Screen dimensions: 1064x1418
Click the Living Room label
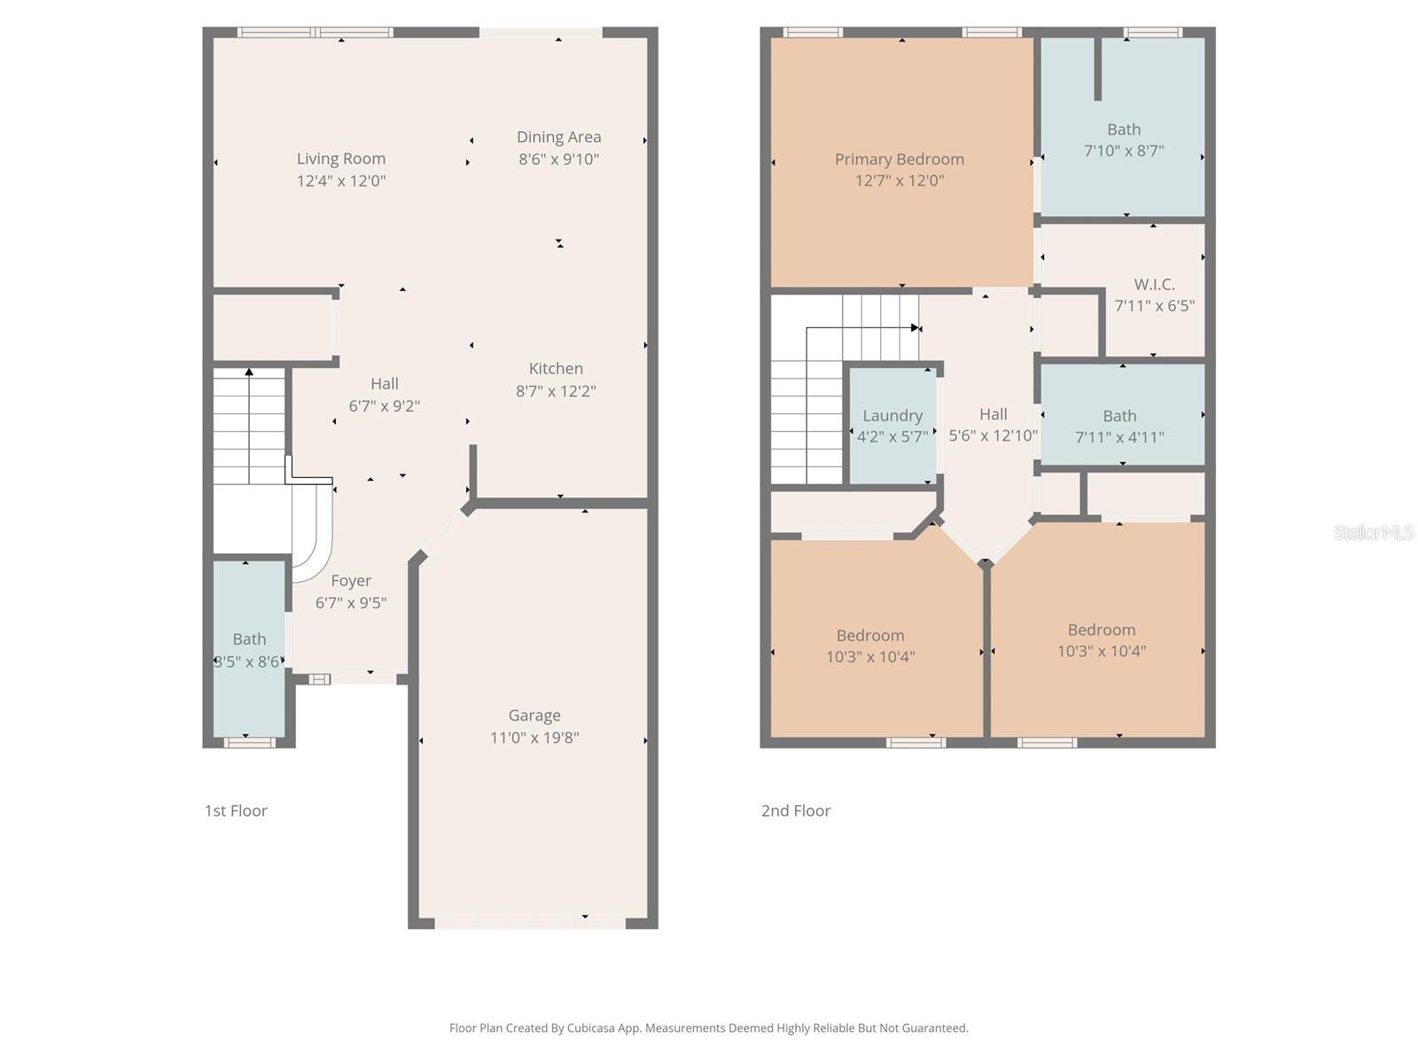(x=341, y=159)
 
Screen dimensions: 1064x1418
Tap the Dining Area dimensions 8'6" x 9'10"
(x=558, y=160)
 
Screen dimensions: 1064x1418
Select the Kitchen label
(x=556, y=369)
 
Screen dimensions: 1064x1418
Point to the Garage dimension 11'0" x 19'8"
(x=534, y=738)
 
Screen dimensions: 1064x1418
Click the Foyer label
(x=351, y=581)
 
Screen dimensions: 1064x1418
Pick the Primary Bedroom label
(x=899, y=160)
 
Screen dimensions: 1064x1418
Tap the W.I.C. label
(x=1154, y=285)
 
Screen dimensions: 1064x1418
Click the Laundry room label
(x=892, y=416)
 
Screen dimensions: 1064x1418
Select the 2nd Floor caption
(x=795, y=810)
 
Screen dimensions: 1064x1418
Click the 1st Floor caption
(x=236, y=810)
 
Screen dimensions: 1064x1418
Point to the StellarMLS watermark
(x=1373, y=532)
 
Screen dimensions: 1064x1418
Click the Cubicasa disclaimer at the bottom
(x=708, y=1029)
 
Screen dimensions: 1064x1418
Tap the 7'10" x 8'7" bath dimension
(x=1124, y=152)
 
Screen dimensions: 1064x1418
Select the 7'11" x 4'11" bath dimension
(x=1119, y=437)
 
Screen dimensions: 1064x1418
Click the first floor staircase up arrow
(x=250, y=373)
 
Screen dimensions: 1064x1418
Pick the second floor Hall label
(x=993, y=414)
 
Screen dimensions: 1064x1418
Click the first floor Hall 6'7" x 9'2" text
(x=384, y=406)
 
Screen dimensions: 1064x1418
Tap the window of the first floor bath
(x=249, y=742)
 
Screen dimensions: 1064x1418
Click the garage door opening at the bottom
(x=530, y=923)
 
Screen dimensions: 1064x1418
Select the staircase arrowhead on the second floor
(x=915, y=328)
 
